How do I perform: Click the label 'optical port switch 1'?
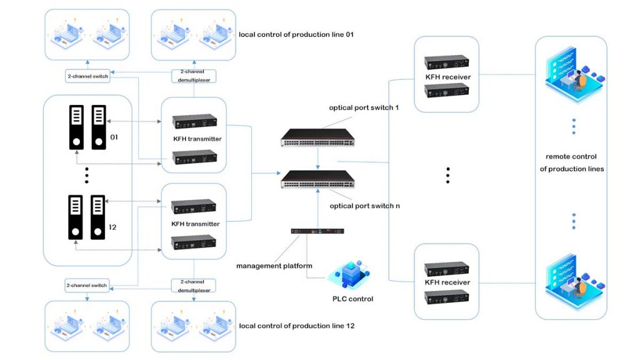tap(364, 107)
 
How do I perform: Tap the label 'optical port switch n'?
tap(365, 206)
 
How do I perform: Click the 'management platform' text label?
tap(274, 266)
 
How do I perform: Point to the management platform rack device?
tap(317, 232)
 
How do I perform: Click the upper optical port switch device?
tap(317, 136)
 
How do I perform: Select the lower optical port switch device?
tap(317, 180)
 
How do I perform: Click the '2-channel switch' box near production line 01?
tap(87, 77)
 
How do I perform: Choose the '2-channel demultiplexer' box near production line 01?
tap(194, 76)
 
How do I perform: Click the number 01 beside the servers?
tap(114, 136)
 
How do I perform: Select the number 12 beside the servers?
tap(112, 227)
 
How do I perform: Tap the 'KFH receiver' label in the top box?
tap(447, 77)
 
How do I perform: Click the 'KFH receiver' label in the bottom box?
tap(447, 282)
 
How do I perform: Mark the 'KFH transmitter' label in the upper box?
tap(196, 139)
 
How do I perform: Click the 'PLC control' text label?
tap(352, 299)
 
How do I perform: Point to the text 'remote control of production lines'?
tap(571, 162)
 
